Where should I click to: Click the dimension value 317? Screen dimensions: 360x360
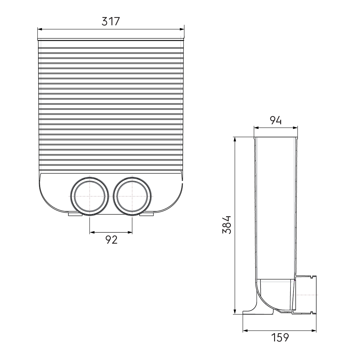[111, 21]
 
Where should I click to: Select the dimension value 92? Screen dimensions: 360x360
[111, 240]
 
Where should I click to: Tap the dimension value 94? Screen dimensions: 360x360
[276, 121]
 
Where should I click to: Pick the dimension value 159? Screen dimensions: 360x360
[280, 337]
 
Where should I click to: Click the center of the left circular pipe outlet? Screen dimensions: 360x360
[90, 196]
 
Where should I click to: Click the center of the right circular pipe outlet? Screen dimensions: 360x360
[132, 196]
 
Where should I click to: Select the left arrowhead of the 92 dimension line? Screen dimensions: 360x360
[92, 232]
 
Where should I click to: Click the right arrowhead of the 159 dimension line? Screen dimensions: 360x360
[314, 330]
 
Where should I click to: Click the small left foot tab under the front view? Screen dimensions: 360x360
[75, 214]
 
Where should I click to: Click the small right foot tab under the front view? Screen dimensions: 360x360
[146, 214]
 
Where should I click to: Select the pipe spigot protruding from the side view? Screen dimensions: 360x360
[306, 295]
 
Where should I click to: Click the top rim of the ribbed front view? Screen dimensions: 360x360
[111, 39]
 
